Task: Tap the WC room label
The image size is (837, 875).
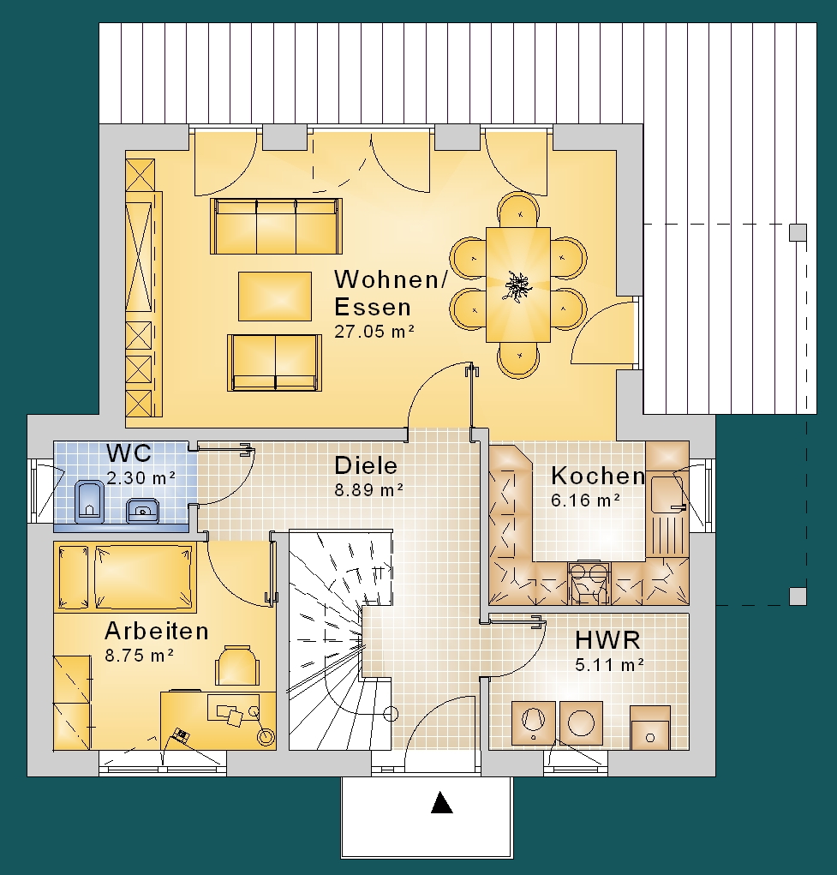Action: click(x=129, y=452)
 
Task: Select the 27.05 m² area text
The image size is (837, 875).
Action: click(x=374, y=332)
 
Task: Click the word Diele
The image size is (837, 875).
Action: click(x=366, y=465)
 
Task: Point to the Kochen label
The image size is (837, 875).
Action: click(x=598, y=476)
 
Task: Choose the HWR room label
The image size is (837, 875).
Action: click(x=607, y=641)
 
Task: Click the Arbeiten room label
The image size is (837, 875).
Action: click(x=157, y=631)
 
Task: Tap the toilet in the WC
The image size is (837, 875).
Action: click(x=89, y=500)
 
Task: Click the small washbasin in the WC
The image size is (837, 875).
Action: click(x=142, y=509)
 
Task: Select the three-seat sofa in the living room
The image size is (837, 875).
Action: click(x=276, y=226)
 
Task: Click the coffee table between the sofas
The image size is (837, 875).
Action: click(x=275, y=297)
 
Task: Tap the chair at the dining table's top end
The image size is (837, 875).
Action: click(x=519, y=210)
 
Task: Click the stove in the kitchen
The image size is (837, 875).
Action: click(x=589, y=583)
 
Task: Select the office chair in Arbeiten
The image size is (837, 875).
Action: click(x=237, y=666)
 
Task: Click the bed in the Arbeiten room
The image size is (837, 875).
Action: click(x=126, y=577)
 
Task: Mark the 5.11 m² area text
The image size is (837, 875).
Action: click(x=610, y=665)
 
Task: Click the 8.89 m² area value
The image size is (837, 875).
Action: click(x=369, y=490)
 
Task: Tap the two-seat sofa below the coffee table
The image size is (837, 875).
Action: click(x=274, y=363)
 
